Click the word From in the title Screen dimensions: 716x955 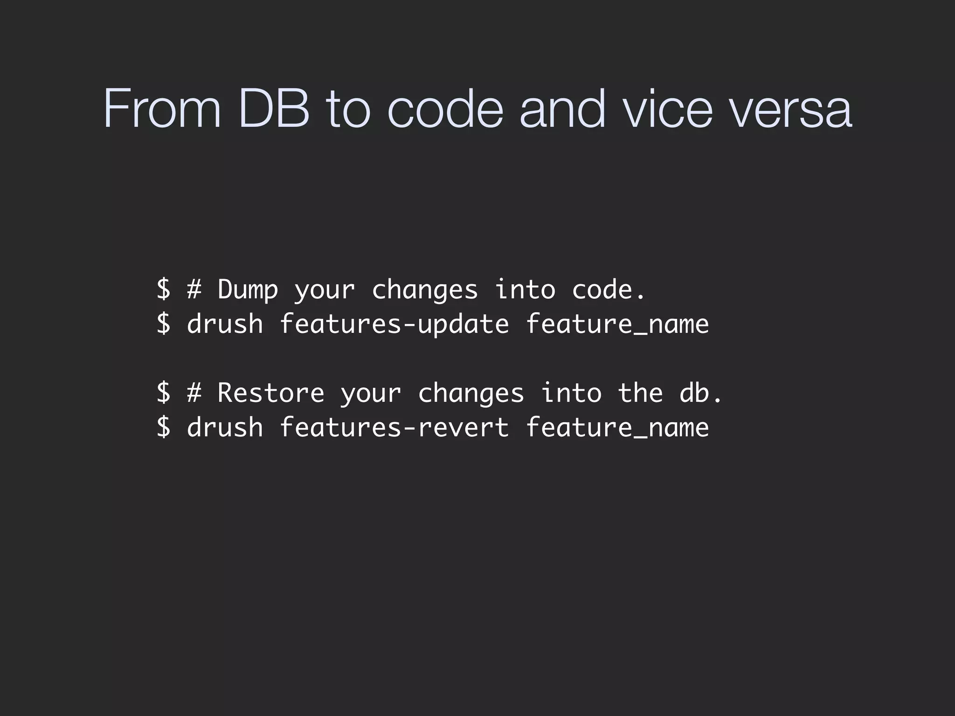(162, 109)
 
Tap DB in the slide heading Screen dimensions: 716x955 (274, 109)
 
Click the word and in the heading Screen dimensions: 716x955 (562, 109)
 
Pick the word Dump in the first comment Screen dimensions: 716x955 (248, 289)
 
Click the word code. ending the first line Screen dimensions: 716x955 (609, 289)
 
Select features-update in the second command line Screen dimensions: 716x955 (394, 324)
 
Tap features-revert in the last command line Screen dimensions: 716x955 (394, 427)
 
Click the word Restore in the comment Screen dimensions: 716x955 (270, 393)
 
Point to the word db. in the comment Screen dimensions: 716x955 (700, 393)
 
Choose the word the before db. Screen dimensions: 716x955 (640, 393)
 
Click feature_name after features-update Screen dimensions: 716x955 (617, 324)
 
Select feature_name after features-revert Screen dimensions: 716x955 (617, 427)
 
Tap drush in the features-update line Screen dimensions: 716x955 (225, 324)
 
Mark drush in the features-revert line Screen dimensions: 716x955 (225, 427)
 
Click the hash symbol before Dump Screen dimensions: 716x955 (194, 289)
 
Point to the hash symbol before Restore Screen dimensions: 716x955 (194, 393)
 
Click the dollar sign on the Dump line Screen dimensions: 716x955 (163, 289)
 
